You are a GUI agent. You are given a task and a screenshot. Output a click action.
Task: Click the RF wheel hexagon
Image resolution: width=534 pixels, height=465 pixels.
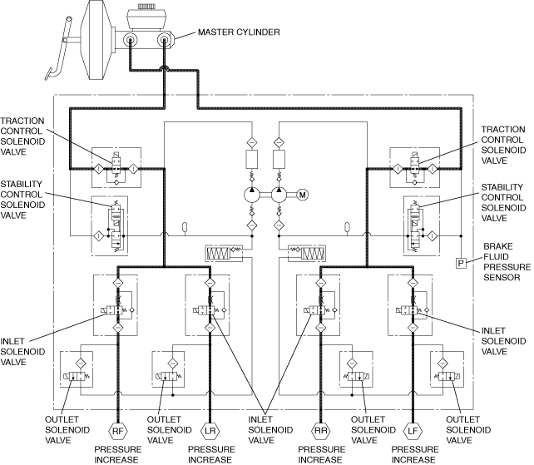(117, 431)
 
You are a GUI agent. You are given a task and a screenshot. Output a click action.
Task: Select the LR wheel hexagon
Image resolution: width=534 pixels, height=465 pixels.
(210, 431)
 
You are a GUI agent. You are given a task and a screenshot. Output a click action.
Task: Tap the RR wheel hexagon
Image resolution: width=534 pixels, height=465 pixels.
(320, 431)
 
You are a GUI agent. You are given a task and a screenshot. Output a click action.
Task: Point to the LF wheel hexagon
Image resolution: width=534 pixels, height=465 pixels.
(413, 431)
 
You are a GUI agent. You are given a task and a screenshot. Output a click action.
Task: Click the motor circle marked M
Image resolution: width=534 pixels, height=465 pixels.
(303, 195)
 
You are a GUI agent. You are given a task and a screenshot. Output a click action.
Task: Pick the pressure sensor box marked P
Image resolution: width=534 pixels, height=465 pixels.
(461, 263)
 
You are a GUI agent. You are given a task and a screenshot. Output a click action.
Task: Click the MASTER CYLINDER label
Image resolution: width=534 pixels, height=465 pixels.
(239, 32)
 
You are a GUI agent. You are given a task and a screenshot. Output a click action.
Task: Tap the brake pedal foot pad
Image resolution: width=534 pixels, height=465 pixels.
(49, 74)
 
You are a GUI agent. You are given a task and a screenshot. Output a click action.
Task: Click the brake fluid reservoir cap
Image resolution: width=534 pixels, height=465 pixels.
(146, 7)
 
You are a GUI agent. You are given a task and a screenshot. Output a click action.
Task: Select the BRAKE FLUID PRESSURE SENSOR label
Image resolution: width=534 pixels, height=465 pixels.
(507, 262)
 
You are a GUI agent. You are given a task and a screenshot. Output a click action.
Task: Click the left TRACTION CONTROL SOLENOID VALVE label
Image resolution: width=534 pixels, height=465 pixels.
(22, 136)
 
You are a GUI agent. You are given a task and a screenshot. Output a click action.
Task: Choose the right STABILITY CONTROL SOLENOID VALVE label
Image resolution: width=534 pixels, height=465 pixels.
(503, 203)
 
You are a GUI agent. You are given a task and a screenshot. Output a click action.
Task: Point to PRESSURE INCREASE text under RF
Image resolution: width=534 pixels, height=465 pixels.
(117, 454)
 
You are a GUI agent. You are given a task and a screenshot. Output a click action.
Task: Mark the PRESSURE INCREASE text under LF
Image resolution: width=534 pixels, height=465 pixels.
(415, 454)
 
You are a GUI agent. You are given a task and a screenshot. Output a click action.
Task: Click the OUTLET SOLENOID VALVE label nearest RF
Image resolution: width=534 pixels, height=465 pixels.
(67, 429)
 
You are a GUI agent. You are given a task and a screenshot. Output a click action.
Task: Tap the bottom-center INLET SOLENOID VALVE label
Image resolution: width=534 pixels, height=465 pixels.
(270, 429)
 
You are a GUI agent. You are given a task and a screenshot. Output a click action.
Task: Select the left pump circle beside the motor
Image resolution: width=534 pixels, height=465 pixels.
(252, 195)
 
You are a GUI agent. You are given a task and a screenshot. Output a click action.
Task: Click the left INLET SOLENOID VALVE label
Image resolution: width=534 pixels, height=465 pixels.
(22, 352)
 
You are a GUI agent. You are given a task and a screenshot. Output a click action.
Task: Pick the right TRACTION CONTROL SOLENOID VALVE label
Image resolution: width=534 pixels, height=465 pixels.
(503, 145)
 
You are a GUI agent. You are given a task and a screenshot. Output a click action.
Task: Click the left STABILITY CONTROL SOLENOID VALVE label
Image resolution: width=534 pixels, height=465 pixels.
(22, 200)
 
